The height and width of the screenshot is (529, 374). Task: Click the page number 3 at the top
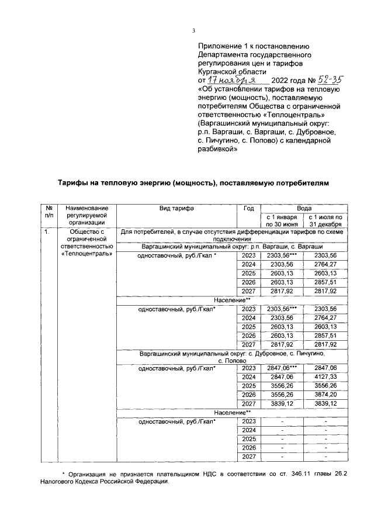(193, 31)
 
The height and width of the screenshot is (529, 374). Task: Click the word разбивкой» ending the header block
(219, 149)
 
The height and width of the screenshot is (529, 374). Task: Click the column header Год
(248, 208)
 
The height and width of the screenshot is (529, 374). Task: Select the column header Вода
(303, 208)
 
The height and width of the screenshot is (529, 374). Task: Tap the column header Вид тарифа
(176, 208)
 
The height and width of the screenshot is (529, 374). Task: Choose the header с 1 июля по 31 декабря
(325, 220)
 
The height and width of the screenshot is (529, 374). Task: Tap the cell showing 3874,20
(325, 395)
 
